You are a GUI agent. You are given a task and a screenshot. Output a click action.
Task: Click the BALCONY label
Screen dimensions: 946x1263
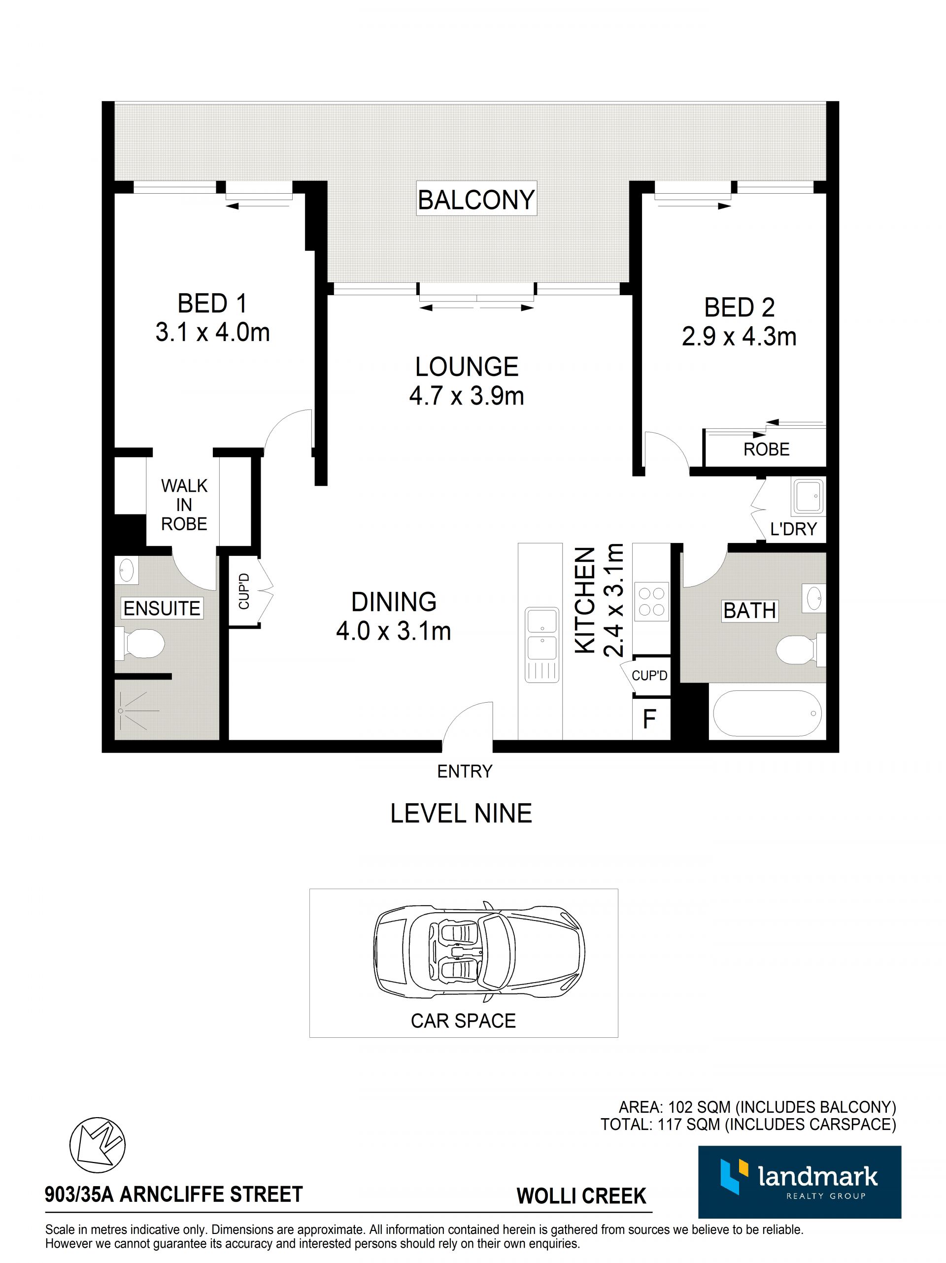(475, 200)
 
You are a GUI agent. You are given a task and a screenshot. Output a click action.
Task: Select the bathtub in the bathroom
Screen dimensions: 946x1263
(767, 713)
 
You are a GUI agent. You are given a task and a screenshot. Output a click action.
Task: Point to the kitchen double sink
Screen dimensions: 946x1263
(542, 644)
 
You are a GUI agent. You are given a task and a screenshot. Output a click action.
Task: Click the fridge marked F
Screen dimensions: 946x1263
(650, 718)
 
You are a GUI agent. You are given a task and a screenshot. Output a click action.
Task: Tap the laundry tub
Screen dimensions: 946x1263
(807, 496)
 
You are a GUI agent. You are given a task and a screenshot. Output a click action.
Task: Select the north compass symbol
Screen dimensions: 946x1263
(97, 1145)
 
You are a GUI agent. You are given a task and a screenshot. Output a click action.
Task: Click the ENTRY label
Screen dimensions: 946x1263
(464, 771)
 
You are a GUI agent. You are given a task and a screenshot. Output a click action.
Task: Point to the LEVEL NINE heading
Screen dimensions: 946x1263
(461, 813)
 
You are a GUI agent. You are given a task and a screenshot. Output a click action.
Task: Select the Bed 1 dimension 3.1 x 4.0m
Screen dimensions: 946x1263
(212, 332)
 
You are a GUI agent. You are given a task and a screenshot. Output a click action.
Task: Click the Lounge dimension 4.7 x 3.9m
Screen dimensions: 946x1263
(467, 396)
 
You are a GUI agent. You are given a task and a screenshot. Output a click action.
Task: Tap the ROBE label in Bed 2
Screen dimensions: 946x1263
(766, 449)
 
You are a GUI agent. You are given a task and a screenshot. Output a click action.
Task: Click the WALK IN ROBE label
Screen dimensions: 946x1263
(184, 505)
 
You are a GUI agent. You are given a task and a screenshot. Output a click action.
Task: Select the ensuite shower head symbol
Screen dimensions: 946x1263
(121, 711)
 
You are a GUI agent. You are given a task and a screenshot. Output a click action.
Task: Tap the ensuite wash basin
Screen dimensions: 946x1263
(127, 569)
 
